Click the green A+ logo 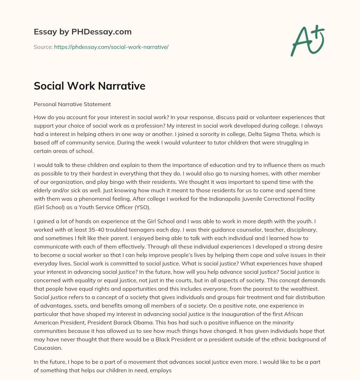tap(307, 40)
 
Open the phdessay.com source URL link tap(111, 47)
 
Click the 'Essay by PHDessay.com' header tap(83, 32)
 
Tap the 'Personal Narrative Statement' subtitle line tap(72, 104)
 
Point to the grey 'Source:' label tap(43, 47)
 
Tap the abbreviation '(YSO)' tap(142, 207)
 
